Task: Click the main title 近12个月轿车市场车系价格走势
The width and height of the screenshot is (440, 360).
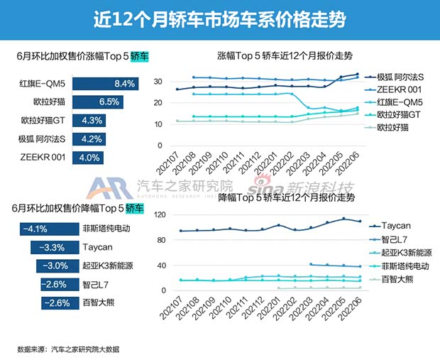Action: [219, 18]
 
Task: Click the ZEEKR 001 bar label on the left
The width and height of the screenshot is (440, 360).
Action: [39, 157]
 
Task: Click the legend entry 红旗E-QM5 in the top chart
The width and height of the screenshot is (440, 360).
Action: [401, 102]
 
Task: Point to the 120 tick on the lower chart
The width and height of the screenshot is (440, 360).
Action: [160, 215]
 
